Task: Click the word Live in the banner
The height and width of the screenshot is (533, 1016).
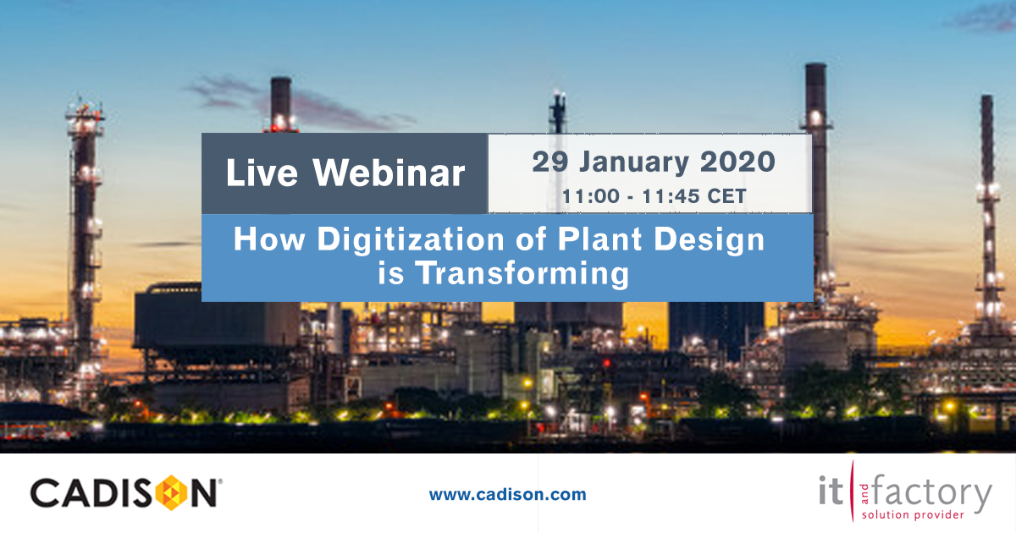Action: tap(262, 174)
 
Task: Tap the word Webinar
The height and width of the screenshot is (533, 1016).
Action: tap(389, 174)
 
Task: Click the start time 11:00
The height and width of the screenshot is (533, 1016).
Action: tap(587, 197)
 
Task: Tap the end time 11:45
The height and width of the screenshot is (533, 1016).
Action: tap(665, 197)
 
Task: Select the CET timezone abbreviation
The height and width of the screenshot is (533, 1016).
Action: tap(726, 197)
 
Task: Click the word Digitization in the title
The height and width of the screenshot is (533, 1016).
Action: tap(405, 240)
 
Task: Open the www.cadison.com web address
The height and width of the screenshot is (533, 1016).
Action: tap(507, 495)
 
